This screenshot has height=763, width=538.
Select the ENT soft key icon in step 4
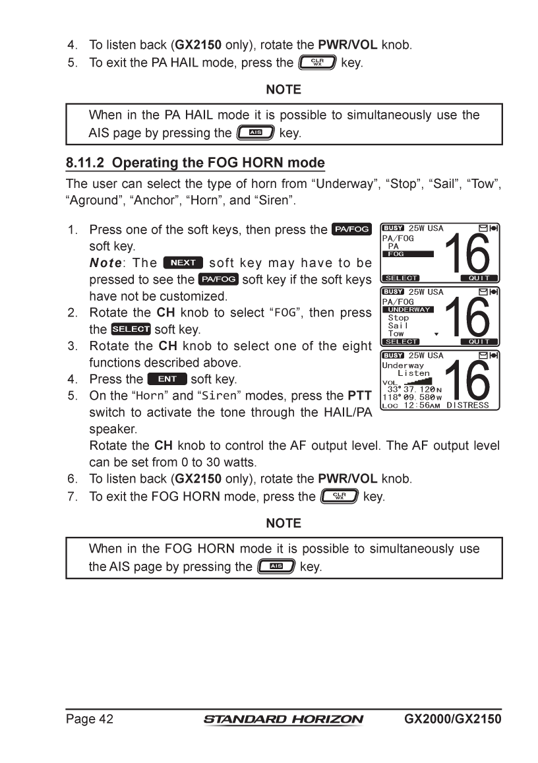(x=167, y=379)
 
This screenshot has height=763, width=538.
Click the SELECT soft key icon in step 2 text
(x=131, y=329)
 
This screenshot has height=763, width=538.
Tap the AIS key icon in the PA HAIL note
(x=256, y=133)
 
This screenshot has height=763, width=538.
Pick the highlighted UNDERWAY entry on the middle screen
(x=409, y=309)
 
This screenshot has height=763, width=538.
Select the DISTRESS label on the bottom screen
(x=467, y=405)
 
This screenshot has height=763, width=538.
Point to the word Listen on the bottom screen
(x=413, y=373)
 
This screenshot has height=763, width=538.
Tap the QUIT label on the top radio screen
(x=479, y=278)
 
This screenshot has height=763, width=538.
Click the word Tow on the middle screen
(x=396, y=334)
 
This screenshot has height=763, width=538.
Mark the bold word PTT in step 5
(x=359, y=396)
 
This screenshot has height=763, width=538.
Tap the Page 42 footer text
(x=89, y=719)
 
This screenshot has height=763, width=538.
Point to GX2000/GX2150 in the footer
(x=452, y=719)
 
